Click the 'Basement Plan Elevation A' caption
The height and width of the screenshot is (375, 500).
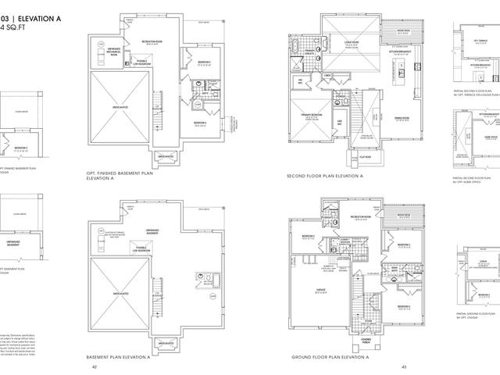120,356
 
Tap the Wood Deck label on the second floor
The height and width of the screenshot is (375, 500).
404,31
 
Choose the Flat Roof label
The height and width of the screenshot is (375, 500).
365,157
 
